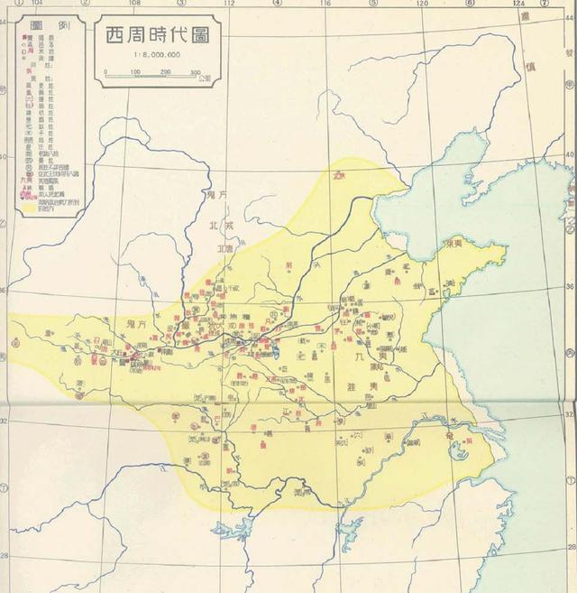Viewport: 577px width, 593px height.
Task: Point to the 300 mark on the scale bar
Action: pyautogui.click(x=196, y=71)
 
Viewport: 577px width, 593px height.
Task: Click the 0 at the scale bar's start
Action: pyautogui.click(x=105, y=71)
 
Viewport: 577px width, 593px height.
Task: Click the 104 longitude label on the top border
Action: pyautogui.click(x=37, y=5)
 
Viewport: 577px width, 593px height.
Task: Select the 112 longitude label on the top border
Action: pyautogui.click(x=230, y=5)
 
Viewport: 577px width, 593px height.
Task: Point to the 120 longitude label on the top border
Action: pyautogui.click(x=421, y=5)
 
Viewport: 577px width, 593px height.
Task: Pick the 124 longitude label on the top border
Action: pyautogui.click(x=517, y=5)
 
